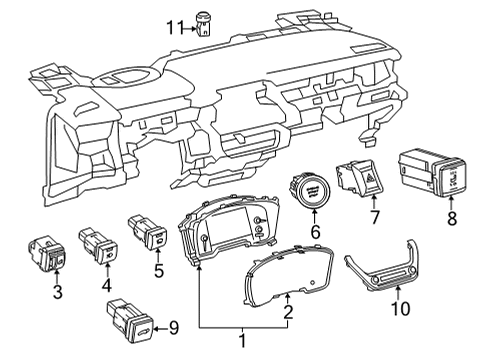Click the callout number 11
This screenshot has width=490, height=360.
click(175, 27)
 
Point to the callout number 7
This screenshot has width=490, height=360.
click(376, 217)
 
